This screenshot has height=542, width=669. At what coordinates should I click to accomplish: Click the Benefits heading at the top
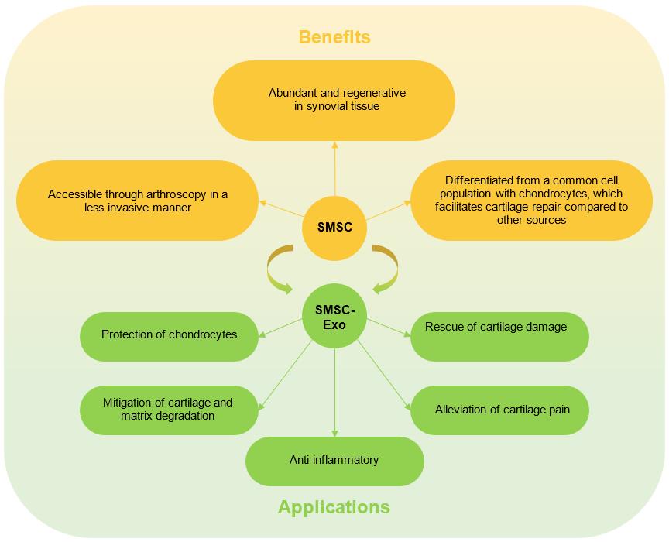point(334,37)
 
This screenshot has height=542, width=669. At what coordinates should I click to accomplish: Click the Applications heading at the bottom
point(334,508)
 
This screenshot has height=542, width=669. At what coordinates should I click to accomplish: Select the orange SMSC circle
point(334,228)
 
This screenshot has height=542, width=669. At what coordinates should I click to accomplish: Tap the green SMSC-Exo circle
point(334,318)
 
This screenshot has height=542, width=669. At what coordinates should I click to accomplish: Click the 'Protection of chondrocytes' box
point(169,335)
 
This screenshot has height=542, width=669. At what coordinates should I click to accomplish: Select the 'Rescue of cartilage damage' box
point(499,336)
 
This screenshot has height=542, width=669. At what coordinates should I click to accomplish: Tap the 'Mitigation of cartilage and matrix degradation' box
point(168,410)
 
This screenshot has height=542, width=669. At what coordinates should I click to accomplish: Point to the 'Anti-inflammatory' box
point(334,461)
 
